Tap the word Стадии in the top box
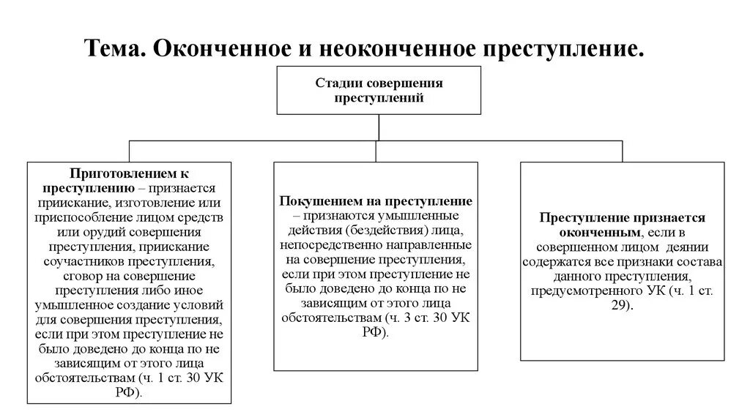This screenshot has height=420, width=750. click(337, 83)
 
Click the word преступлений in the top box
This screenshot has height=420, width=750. click(379, 97)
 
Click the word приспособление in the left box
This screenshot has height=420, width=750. click(87, 217)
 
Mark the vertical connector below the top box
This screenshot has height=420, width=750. click(379, 127)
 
